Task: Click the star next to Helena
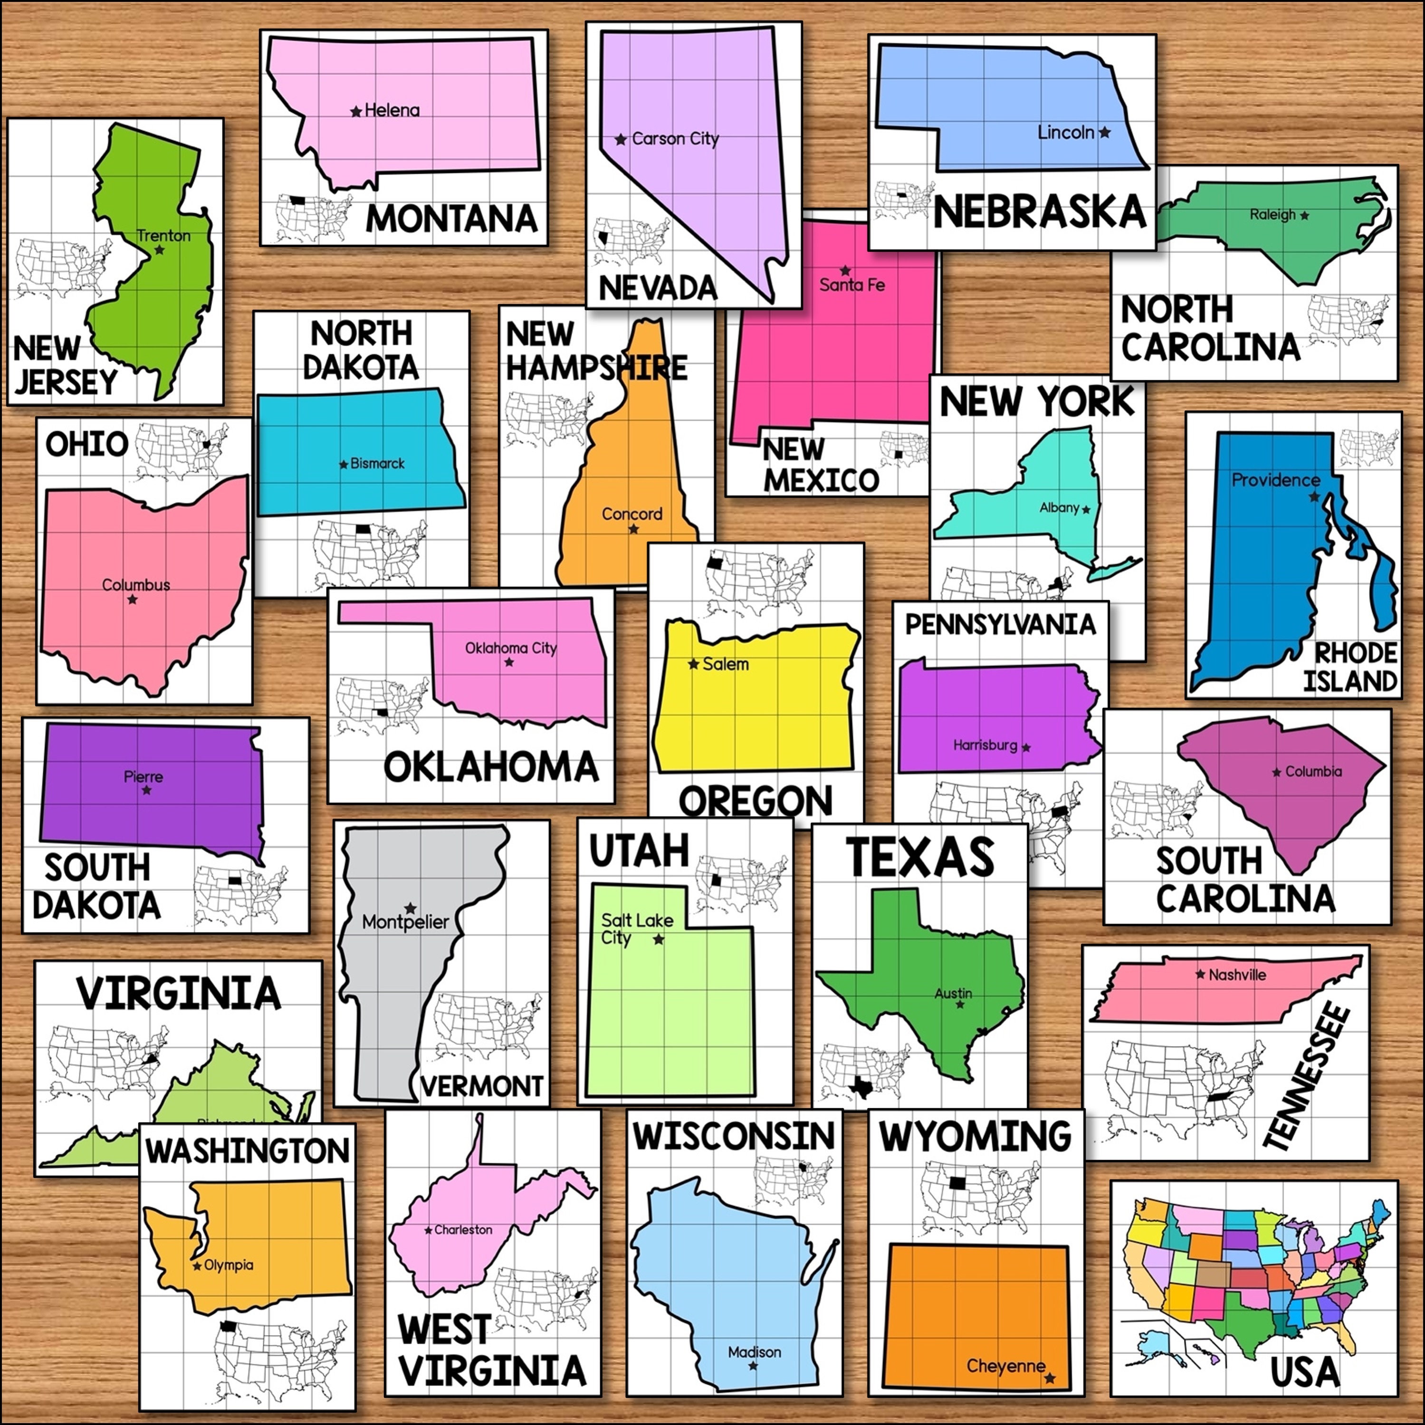pyautogui.click(x=356, y=111)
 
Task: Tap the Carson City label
pyautogui.click(x=675, y=139)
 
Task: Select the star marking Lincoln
pyautogui.click(x=1104, y=133)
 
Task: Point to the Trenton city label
pyautogui.click(x=164, y=235)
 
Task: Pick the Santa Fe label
pyautogui.click(x=852, y=285)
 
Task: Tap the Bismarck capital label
pyautogui.click(x=377, y=463)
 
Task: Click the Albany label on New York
pyautogui.click(x=1059, y=507)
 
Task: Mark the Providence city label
pyautogui.click(x=1275, y=479)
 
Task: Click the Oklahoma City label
pyautogui.click(x=510, y=648)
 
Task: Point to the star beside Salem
pyautogui.click(x=693, y=665)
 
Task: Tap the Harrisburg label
pyautogui.click(x=985, y=745)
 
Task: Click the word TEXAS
pyautogui.click(x=920, y=857)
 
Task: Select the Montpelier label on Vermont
pyautogui.click(x=405, y=921)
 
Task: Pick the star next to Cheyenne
pyautogui.click(x=1050, y=1378)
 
